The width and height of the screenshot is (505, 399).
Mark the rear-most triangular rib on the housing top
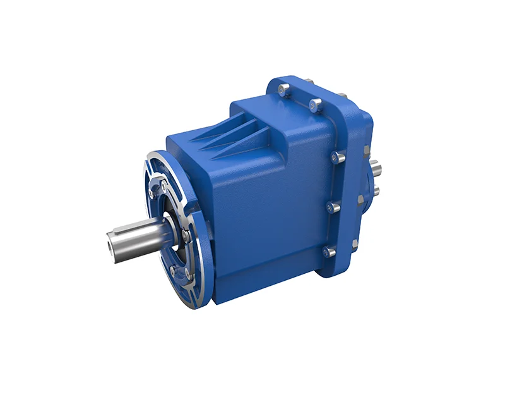point(242,127)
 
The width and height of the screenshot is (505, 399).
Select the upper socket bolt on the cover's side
point(338,157)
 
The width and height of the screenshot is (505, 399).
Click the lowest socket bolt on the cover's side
point(328,252)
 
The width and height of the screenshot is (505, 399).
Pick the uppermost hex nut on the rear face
point(366,150)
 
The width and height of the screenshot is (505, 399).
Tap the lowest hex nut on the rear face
point(355,243)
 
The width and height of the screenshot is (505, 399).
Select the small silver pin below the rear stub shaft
point(376,190)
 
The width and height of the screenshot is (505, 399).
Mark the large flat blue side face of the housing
point(271,209)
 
